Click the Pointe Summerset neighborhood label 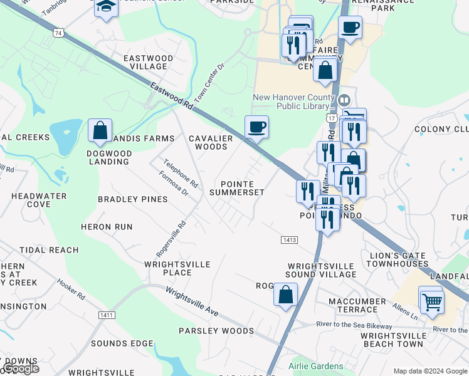coord(237,188)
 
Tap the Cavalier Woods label coord(211,142)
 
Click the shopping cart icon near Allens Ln coord(432,302)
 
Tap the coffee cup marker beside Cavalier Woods coord(256,127)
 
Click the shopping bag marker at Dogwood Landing coord(100,130)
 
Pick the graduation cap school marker coord(106,7)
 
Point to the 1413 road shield coord(288,239)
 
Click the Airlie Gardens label coord(316,366)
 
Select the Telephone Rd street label coord(181,174)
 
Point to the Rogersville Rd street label coord(172,239)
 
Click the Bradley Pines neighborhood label coord(132,199)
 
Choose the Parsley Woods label coord(216,331)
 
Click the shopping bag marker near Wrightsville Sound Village coord(285,294)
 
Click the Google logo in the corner coord(21,368)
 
